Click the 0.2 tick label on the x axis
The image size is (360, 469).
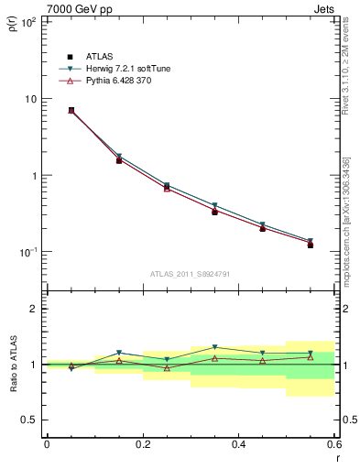tap(142, 445)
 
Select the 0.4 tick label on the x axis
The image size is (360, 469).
tap(238, 445)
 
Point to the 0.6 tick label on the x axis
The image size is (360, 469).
tap(333, 445)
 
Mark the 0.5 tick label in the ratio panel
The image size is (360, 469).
tap(31, 420)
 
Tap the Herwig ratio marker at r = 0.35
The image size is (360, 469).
tap(214, 348)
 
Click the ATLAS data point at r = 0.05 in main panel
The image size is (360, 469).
tap(46, 111)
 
